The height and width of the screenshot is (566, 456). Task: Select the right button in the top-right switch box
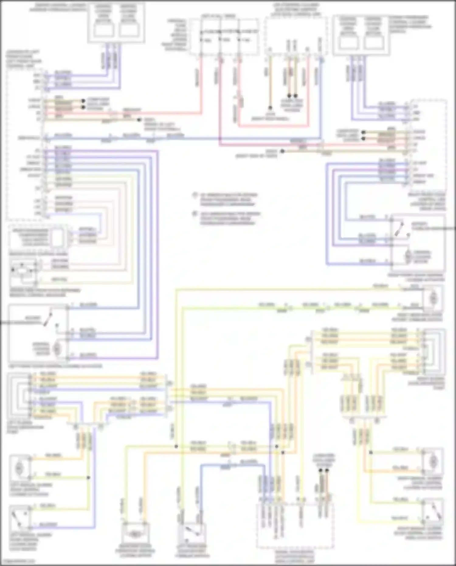pos(373,41)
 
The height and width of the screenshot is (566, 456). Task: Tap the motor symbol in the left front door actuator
pos(57,349)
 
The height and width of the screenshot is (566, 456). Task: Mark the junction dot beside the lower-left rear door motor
pos(88,477)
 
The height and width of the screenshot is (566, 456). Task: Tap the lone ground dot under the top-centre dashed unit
pos(269,108)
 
